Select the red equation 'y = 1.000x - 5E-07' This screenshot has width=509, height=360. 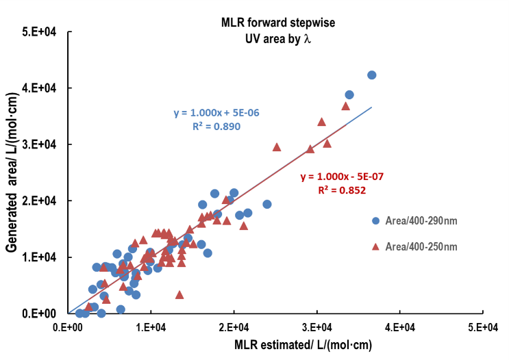pos(341,177)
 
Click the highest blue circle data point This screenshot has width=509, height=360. pos(372,75)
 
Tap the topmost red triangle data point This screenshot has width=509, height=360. pos(346,105)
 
